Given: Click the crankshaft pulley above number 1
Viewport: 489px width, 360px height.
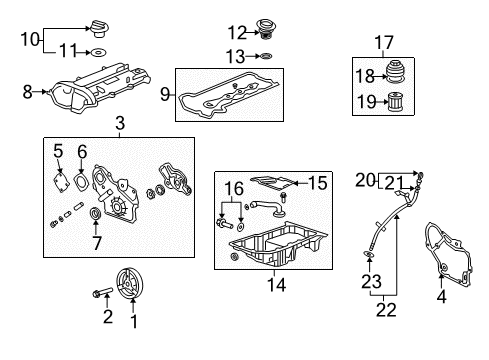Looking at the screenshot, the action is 130,284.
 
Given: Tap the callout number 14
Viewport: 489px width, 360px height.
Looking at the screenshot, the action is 276,285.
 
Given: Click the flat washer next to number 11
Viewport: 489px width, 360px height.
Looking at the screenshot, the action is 98,52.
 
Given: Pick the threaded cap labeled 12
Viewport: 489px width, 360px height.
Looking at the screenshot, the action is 266,30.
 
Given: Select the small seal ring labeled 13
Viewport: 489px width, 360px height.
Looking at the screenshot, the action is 266,56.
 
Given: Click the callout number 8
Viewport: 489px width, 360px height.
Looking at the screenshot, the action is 27,92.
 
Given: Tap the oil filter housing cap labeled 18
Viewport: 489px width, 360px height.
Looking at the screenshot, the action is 396,72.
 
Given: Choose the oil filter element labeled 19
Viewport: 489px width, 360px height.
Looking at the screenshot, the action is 396,101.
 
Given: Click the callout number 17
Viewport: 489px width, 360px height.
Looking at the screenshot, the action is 384,43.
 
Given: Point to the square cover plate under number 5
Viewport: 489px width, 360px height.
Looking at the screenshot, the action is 61,181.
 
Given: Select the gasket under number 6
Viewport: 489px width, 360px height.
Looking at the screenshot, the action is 81,183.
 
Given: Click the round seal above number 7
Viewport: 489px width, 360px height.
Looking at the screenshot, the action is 96,214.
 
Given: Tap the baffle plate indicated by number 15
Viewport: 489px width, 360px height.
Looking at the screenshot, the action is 271,183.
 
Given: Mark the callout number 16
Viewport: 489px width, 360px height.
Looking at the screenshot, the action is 234,189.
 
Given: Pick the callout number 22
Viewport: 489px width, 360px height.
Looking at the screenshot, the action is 386,310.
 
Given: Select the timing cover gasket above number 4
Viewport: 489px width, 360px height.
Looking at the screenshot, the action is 449,255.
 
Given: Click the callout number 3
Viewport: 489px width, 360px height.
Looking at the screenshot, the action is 120,123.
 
